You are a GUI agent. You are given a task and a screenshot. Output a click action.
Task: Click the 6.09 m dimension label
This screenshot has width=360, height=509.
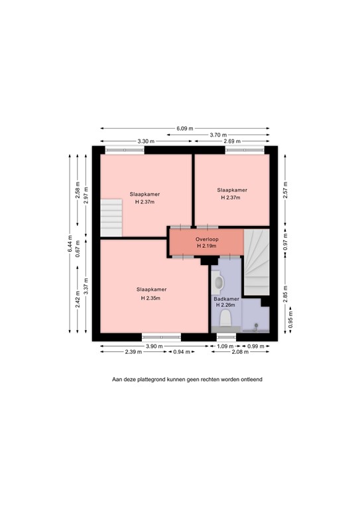(x=185, y=128)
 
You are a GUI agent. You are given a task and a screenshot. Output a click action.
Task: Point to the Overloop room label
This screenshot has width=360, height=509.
(x=207, y=239)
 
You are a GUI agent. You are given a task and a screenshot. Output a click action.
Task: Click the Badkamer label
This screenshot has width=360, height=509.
(x=226, y=299)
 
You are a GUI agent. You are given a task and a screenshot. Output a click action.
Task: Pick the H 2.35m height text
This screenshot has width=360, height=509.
(x=150, y=298)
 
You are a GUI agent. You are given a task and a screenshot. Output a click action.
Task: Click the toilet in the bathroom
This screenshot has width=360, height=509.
(x=225, y=318)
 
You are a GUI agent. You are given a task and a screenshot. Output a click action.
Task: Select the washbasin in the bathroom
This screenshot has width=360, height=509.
(x=218, y=283)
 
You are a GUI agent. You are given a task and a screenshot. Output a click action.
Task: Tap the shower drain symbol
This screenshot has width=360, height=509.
(x=256, y=325)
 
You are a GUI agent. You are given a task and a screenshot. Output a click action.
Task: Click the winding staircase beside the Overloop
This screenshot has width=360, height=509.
(x=257, y=262)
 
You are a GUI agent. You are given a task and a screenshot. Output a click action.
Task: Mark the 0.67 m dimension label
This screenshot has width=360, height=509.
(x=78, y=249)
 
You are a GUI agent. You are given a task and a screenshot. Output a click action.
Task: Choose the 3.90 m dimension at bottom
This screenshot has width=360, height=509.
(x=154, y=346)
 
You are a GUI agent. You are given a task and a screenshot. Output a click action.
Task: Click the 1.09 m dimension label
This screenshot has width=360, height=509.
(x=223, y=346)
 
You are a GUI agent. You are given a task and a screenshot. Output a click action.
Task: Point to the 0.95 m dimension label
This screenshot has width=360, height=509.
(x=290, y=319)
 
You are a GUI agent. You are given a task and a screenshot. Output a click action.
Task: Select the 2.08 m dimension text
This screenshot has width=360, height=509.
(x=240, y=352)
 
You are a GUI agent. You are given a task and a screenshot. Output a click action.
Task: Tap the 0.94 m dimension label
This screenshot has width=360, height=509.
(x=182, y=352)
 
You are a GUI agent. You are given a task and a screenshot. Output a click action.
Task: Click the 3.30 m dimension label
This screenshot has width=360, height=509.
(x=146, y=141)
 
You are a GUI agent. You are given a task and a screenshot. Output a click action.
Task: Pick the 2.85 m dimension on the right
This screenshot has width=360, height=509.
(x=285, y=294)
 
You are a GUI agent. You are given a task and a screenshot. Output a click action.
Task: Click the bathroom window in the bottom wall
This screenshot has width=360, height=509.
(x=226, y=337)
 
